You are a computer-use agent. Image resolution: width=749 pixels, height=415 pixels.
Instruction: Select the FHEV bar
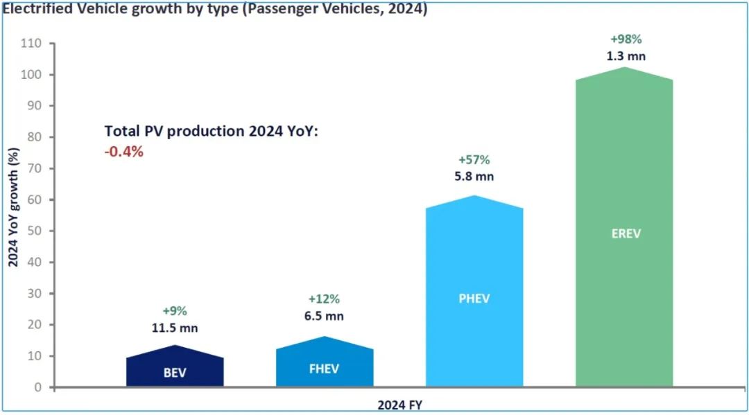tap(324, 363)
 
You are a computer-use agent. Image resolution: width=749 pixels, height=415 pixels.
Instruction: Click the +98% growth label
tap(626, 39)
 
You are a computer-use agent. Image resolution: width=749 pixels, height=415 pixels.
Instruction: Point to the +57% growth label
tap(474, 160)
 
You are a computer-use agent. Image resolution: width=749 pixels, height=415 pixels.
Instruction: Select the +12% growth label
tap(324, 299)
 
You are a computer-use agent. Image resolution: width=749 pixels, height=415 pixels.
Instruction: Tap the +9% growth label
tap(175, 310)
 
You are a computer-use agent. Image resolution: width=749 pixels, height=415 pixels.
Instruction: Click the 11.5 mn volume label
tap(175, 328)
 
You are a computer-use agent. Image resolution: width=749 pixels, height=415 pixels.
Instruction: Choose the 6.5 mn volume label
tap(324, 317)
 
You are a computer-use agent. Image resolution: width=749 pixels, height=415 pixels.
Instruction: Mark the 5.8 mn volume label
tap(474, 177)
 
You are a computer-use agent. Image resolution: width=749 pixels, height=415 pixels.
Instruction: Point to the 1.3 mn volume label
tap(626, 56)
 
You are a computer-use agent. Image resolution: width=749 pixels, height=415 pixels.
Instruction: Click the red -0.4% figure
tap(124, 151)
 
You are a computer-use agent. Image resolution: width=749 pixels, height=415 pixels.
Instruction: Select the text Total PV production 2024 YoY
tap(212, 132)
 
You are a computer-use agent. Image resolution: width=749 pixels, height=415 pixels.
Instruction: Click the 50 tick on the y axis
tap(35, 231)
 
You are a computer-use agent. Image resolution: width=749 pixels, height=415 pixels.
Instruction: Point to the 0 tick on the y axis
tap(39, 387)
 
